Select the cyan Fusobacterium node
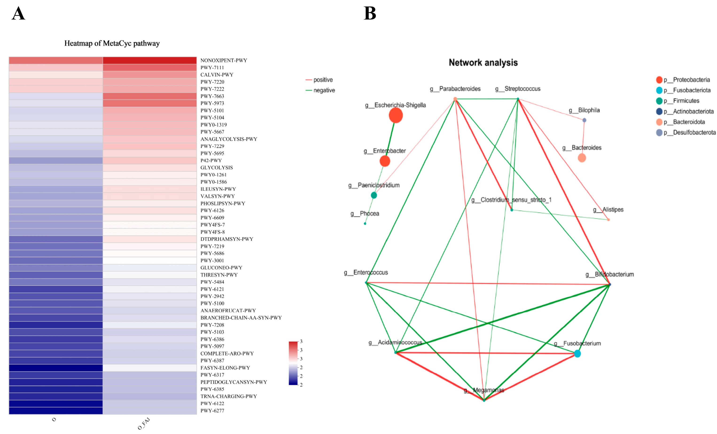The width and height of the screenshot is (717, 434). point(577,353)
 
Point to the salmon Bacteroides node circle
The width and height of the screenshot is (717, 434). point(582,158)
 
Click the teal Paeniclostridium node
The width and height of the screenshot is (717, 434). point(374,195)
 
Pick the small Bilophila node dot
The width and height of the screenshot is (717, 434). point(584,120)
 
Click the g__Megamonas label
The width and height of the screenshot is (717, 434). point(484,390)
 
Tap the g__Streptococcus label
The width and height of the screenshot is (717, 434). point(518,89)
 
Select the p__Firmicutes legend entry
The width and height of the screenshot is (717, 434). point(682,101)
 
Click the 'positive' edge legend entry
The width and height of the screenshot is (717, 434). point(319,80)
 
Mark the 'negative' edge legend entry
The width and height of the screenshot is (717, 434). point(320,90)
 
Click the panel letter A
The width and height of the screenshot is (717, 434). point(18,13)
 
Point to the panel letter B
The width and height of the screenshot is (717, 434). point(370,13)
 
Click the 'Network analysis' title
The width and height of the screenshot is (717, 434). point(483,62)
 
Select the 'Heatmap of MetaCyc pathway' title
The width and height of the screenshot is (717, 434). point(112,43)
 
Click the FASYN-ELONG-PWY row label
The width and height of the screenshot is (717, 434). point(225,368)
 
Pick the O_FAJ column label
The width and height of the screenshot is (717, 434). point(144,423)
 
